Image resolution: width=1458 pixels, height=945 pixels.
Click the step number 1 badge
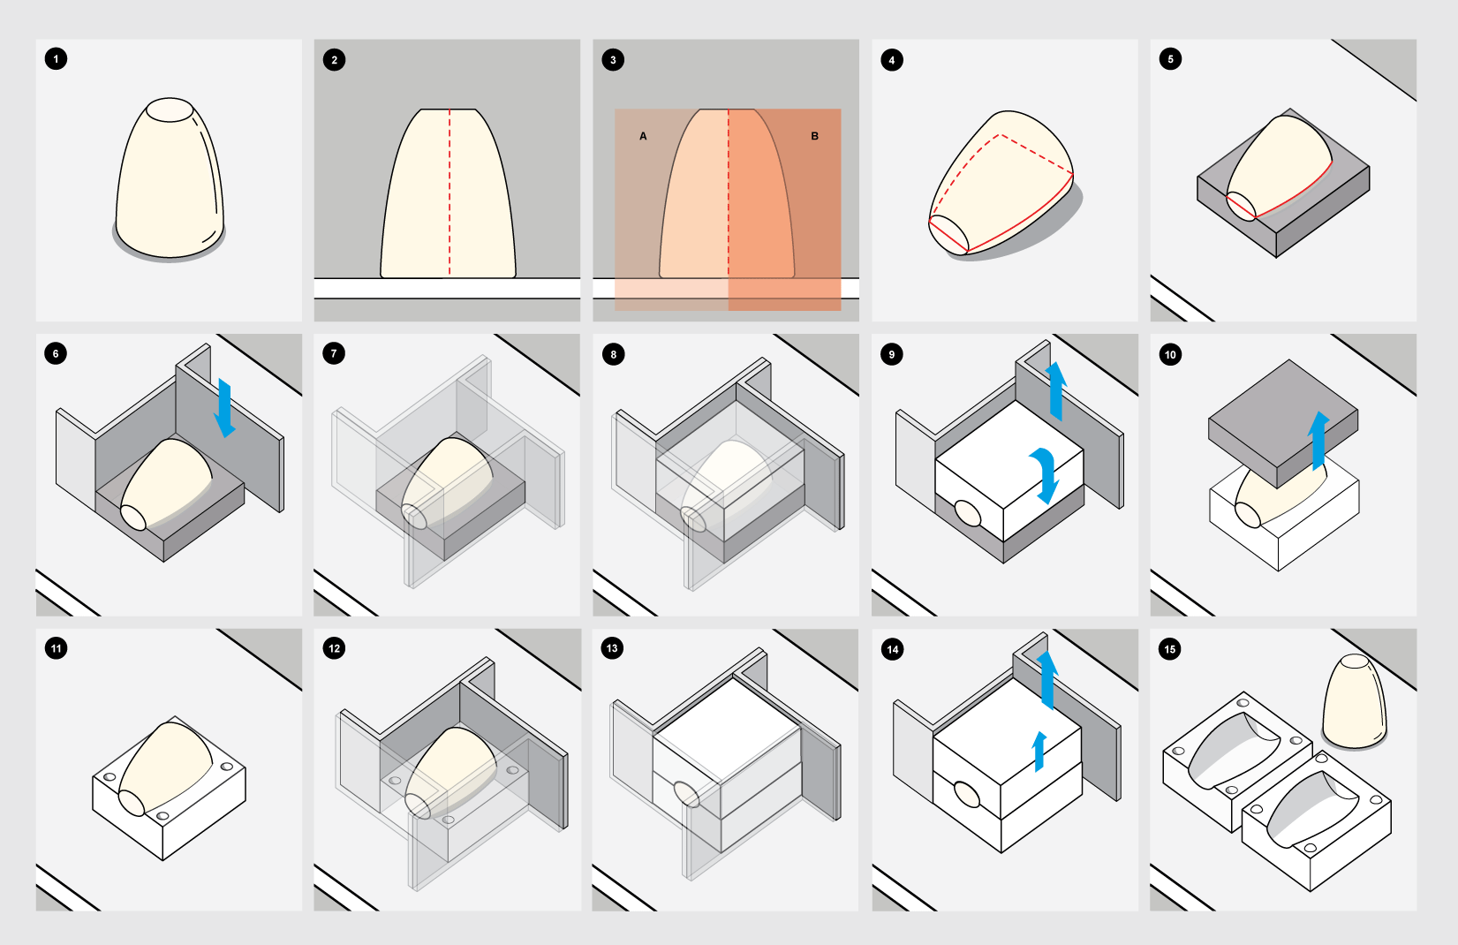tap(56, 59)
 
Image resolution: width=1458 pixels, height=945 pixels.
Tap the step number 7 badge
tap(334, 353)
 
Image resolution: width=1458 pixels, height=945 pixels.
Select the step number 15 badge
tap(1169, 649)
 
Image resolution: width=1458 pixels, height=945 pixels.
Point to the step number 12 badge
tap(334, 648)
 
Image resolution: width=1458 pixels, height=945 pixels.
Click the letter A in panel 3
tap(643, 136)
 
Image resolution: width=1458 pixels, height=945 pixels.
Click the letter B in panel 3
tap(814, 136)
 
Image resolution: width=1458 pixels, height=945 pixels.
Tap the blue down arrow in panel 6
tap(224, 408)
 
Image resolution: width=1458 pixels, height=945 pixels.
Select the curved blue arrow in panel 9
tap(1046, 475)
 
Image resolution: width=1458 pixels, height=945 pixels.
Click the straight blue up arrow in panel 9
tap(1056, 391)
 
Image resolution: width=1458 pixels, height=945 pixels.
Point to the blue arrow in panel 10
tap(1318, 441)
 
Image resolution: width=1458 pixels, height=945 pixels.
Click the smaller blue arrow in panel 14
tap(1039, 751)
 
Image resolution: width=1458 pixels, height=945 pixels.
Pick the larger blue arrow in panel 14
tap(1047, 679)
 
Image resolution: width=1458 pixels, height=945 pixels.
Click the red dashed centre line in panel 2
tap(449, 192)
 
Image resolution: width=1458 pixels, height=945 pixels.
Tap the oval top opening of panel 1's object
tap(170, 110)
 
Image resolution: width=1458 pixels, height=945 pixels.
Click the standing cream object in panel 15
tap(1355, 701)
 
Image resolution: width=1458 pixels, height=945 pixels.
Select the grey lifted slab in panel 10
tap(1283, 423)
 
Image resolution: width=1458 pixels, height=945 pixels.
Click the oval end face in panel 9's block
tap(967, 512)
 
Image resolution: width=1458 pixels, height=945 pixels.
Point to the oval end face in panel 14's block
tap(967, 795)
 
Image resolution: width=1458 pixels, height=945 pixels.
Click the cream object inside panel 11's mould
tap(165, 768)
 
